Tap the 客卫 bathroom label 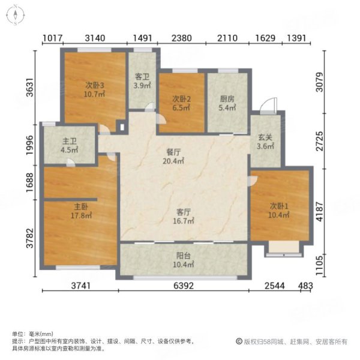click(142, 77)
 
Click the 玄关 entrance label click(265, 137)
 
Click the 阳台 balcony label click(183, 255)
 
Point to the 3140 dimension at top click(95, 38)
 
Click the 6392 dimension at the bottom click(184, 286)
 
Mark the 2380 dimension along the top click(181, 38)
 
